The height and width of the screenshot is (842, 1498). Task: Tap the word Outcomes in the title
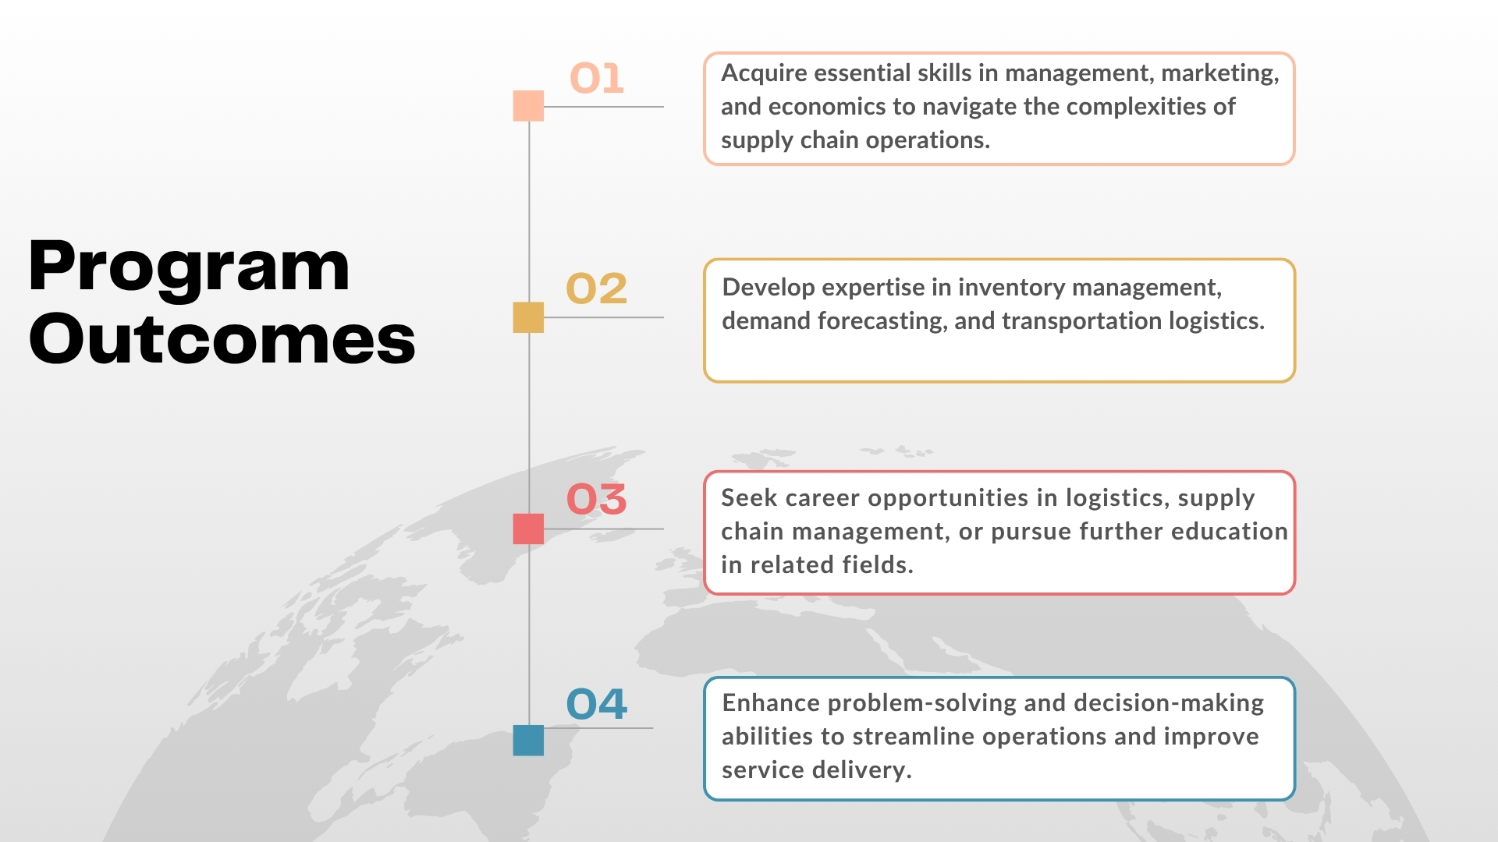click(x=222, y=338)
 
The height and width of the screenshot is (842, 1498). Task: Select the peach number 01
click(x=597, y=78)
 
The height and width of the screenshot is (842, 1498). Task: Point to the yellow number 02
click(x=596, y=288)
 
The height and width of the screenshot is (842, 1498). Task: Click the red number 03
click(x=596, y=499)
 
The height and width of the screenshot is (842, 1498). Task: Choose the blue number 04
click(x=596, y=704)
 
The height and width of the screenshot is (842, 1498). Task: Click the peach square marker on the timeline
click(x=528, y=106)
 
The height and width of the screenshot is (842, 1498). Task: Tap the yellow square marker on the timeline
click(x=528, y=317)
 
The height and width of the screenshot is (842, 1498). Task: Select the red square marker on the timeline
click(x=528, y=529)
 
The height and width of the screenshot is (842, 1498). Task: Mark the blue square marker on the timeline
click(x=528, y=740)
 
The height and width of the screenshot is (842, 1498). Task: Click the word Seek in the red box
click(x=747, y=497)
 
